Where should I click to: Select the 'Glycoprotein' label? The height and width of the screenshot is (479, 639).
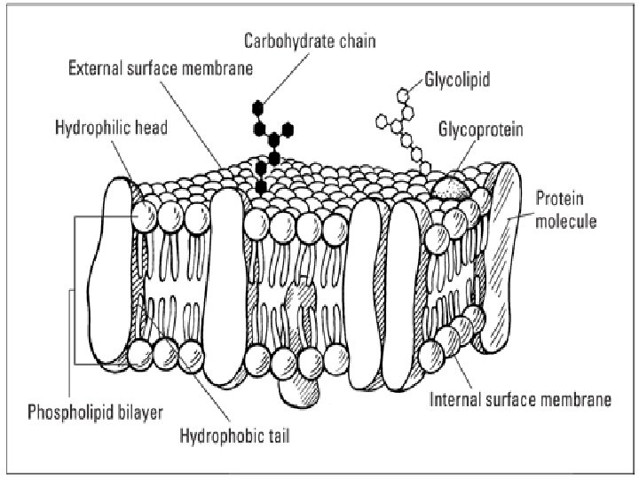[x=480, y=130]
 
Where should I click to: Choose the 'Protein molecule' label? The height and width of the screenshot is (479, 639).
[x=566, y=211]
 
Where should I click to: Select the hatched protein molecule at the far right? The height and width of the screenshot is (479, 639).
[x=503, y=257]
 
